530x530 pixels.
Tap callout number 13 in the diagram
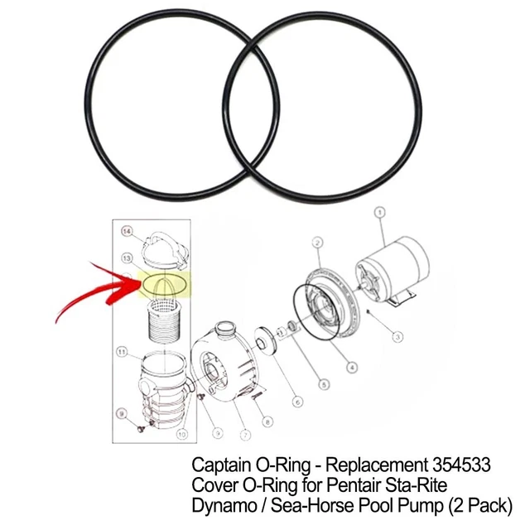coord(127,259)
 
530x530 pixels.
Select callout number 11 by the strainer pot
coord(121,351)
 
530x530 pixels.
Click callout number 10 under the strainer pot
coord(182,434)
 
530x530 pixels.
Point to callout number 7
coord(245,436)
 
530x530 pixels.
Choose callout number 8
coord(267,422)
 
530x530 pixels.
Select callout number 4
coord(353,368)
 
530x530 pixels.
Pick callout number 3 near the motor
coord(397,337)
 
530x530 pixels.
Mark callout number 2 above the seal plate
coord(316,242)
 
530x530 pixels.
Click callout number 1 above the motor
coord(380,212)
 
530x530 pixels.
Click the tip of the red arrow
coord(134,281)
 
